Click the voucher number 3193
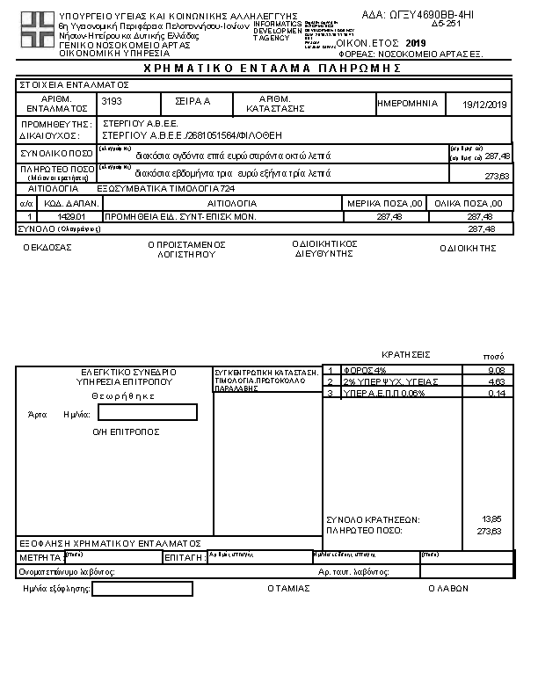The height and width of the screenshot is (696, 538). pos(113,102)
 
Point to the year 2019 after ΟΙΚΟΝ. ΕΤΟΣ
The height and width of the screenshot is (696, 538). pos(415,42)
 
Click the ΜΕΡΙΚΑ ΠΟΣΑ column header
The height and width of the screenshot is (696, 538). pos(385,204)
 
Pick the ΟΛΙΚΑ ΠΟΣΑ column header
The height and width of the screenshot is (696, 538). pos(471,204)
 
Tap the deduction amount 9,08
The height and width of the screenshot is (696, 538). pos(494,371)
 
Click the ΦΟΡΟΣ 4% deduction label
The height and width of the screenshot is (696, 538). pos(364,371)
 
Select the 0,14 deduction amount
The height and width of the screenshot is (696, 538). pos(495,394)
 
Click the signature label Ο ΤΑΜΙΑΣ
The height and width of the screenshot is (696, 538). pos(288,589)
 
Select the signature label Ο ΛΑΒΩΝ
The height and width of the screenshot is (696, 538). pos(447,589)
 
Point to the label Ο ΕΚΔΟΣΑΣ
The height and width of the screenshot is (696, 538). pos(47,248)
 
